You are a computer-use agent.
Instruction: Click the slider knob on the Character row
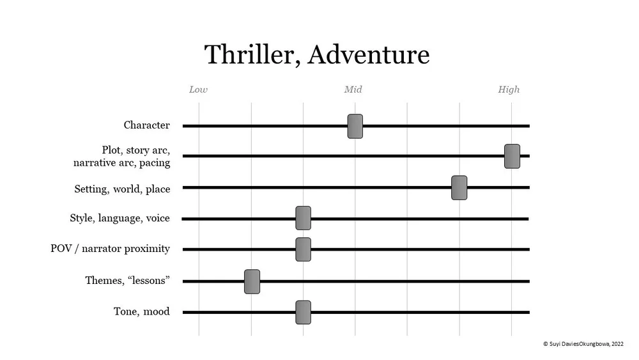[x=355, y=126]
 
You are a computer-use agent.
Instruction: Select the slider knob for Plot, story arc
[x=512, y=156]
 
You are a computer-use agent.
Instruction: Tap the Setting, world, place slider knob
[x=459, y=188]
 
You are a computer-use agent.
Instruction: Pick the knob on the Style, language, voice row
[x=304, y=218]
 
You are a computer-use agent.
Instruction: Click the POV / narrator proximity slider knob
[x=304, y=249]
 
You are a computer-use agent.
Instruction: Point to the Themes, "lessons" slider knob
[x=252, y=281]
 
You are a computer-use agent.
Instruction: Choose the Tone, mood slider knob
[x=304, y=312]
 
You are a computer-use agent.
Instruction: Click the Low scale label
[x=198, y=90]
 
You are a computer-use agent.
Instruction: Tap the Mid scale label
[x=353, y=90]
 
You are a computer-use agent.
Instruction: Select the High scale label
[x=509, y=90]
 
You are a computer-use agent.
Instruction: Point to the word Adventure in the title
[x=368, y=54]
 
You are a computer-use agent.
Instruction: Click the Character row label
[x=147, y=125]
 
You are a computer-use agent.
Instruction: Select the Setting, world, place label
[x=122, y=189]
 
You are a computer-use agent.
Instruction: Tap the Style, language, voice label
[x=119, y=219]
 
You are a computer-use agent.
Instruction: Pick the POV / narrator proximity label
[x=110, y=249]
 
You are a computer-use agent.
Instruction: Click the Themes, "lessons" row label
[x=127, y=281]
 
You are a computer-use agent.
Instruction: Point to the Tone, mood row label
[x=141, y=312]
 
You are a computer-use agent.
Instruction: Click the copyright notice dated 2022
[x=583, y=343]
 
